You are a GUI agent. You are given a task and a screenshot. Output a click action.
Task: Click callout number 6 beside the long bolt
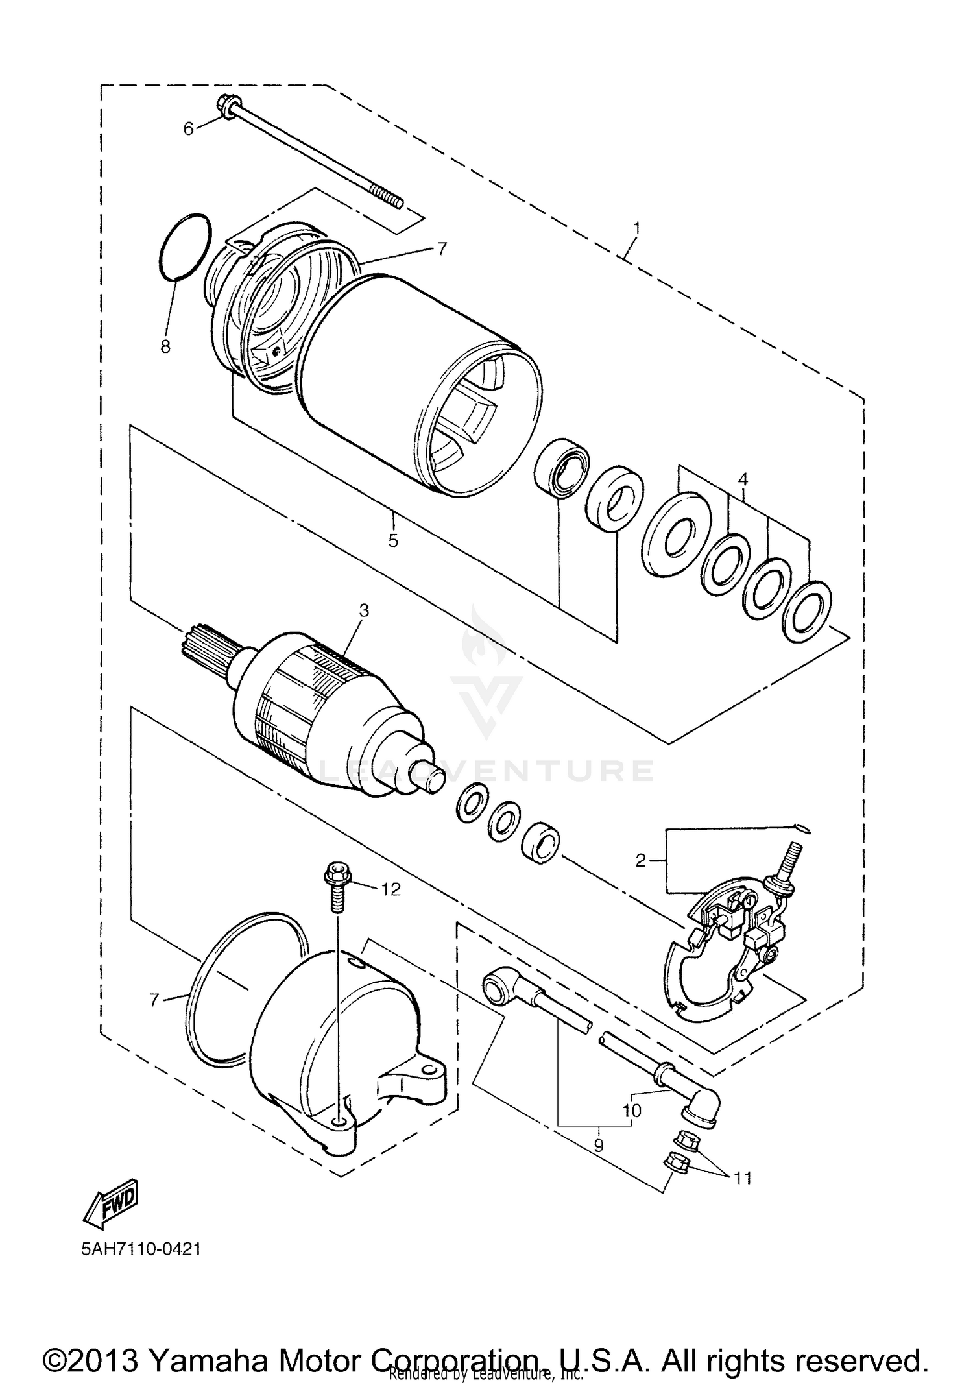[x=188, y=129]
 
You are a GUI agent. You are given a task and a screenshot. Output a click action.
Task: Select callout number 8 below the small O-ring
[x=165, y=346]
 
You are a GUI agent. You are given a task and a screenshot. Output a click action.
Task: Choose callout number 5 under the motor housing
[x=393, y=540]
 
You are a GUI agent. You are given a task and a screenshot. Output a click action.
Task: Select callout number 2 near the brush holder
[x=641, y=861]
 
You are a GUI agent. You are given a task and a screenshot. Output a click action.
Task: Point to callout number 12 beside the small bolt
[x=390, y=889]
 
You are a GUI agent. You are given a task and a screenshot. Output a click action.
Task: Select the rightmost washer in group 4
[x=807, y=610]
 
